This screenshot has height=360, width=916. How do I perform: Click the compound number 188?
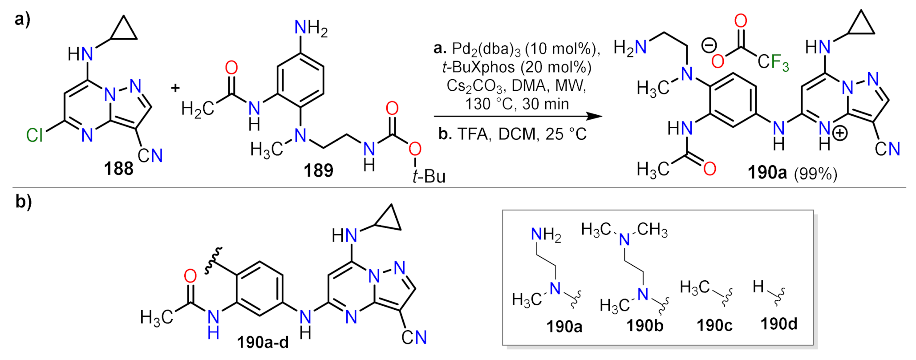point(118,169)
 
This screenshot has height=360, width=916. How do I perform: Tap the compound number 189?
point(318,170)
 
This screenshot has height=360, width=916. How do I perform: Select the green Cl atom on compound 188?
point(34,135)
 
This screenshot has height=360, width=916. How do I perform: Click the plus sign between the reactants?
point(175,88)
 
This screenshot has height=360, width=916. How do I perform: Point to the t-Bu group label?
point(429,176)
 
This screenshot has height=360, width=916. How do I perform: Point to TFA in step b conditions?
point(474,134)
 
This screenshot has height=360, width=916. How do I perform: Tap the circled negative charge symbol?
point(709,45)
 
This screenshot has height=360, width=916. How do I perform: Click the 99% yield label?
point(815,174)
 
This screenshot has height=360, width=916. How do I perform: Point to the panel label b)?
point(23,202)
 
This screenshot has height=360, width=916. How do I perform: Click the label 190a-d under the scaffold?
point(263,342)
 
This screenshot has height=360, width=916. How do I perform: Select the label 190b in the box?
point(645,326)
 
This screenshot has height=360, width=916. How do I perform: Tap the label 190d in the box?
point(778,324)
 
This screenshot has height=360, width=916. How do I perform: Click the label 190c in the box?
point(714,325)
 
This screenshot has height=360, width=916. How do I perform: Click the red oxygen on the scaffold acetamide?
point(190,276)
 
